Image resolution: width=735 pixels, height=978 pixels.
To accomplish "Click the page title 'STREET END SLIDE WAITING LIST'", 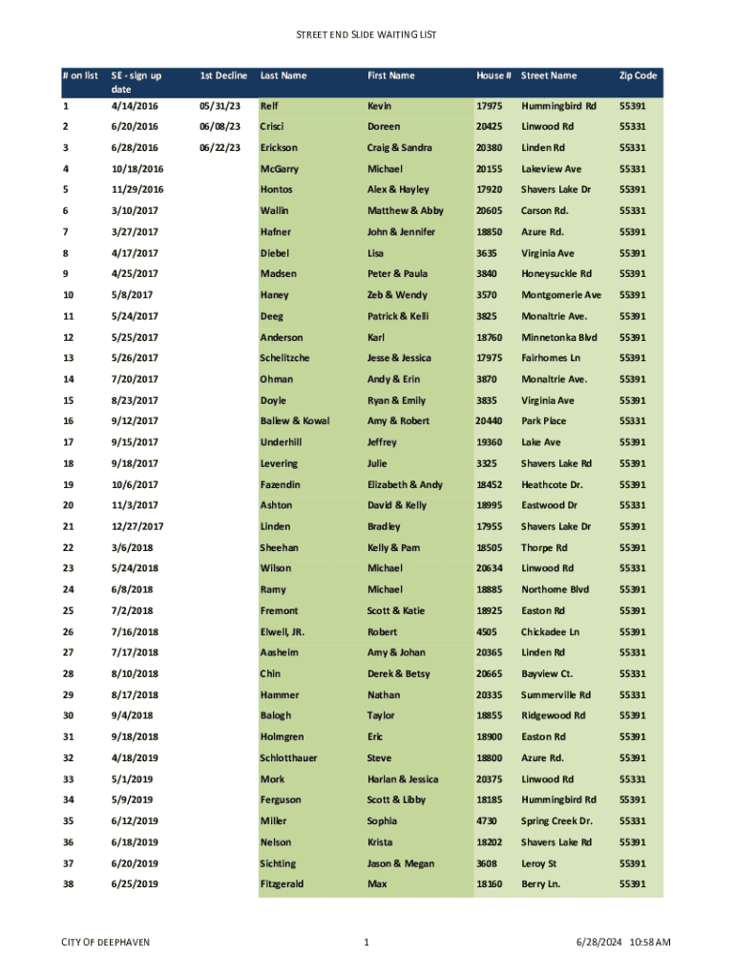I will coord(367,35).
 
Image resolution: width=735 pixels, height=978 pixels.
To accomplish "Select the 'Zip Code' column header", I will coord(638,75).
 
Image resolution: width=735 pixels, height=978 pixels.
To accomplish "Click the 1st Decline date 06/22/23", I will coord(220,148).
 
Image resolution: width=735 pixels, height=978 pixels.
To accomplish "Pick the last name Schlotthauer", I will coord(289,758).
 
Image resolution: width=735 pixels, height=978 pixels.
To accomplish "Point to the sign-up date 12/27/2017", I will coord(137,527).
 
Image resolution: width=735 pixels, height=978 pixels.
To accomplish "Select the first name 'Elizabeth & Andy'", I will coord(405,485).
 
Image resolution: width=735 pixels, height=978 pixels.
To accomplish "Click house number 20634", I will coord(489,569).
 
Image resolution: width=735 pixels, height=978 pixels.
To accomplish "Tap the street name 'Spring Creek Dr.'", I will coord(556,821).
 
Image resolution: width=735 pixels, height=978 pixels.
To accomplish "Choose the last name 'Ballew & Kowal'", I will coord(297,421).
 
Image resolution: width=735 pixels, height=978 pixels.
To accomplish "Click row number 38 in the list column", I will coord(68,884).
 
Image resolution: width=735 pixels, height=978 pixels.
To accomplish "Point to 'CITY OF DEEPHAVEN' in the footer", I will coord(105,944).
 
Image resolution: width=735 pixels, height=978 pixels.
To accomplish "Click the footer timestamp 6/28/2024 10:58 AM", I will coord(624,944).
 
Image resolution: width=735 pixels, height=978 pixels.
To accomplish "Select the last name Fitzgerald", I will coord(282,884).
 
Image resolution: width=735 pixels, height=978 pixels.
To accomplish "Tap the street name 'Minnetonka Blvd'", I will coord(558,337).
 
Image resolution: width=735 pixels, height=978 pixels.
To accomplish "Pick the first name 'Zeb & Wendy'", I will coord(397,295).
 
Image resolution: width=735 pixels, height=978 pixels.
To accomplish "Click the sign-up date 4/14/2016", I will coord(135,106).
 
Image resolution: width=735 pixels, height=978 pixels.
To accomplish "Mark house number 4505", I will coord(486,632).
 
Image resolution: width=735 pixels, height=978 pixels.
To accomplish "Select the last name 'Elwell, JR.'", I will coord(282,632).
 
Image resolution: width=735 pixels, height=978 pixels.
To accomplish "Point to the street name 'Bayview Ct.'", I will coord(547,674).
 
